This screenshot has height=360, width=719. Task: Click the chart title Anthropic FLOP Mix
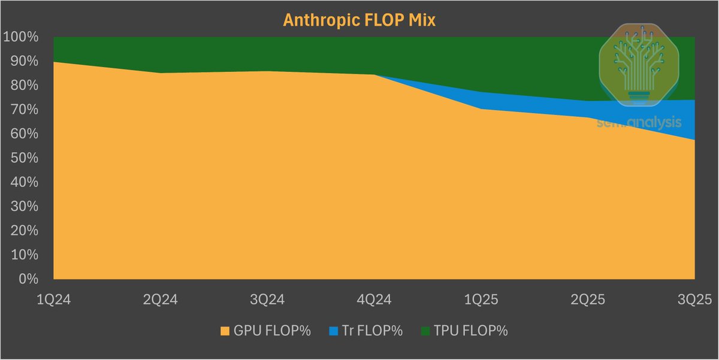(359, 19)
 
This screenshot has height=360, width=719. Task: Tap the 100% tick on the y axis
(21, 37)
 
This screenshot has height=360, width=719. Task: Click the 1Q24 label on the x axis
(54, 299)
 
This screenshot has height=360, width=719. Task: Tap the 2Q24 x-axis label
(161, 299)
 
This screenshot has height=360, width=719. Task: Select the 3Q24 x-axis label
(267, 299)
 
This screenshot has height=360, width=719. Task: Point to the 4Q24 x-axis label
(374, 299)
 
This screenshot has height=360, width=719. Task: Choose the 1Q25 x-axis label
(481, 299)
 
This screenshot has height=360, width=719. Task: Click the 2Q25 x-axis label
(587, 299)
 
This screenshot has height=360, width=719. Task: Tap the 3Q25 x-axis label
(693, 299)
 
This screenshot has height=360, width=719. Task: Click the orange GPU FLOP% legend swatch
(225, 331)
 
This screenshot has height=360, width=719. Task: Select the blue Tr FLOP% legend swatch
(334, 331)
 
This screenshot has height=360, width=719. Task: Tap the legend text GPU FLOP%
(273, 331)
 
